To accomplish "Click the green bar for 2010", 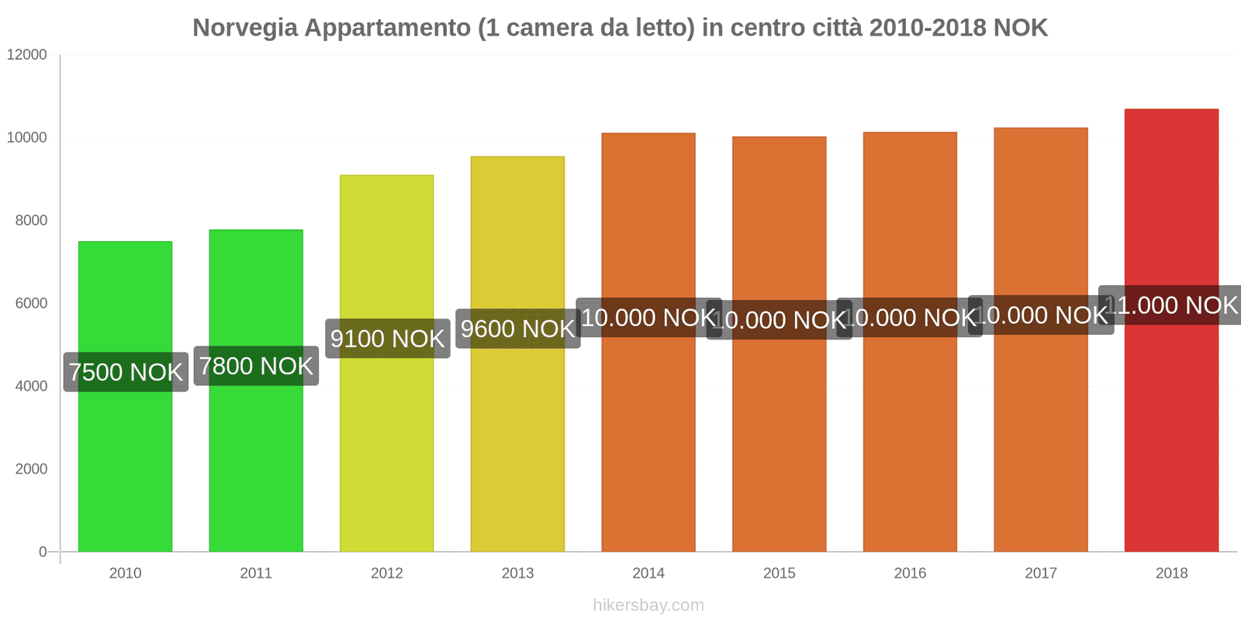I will tap(125, 465).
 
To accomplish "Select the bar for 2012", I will tap(386, 449).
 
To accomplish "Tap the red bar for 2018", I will tap(1171, 426).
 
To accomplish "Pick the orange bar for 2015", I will tap(779, 434).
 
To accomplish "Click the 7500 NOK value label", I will tap(126, 372).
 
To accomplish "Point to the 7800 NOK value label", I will tap(256, 366).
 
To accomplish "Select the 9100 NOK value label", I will tap(387, 339).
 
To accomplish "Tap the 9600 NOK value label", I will tap(517, 329).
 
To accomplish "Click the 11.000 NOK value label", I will tap(1171, 305).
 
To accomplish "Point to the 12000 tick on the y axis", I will tap(27, 55).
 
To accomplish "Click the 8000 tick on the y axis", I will tap(31, 221).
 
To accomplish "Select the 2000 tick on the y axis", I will tap(31, 469).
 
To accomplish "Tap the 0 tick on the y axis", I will tap(43, 552).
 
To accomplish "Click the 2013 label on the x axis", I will tap(517, 573).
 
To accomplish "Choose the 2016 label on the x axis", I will tap(910, 573).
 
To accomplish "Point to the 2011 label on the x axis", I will tap(256, 573).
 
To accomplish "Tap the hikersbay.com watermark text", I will tap(648, 605).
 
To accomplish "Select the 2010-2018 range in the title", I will tap(928, 28).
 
